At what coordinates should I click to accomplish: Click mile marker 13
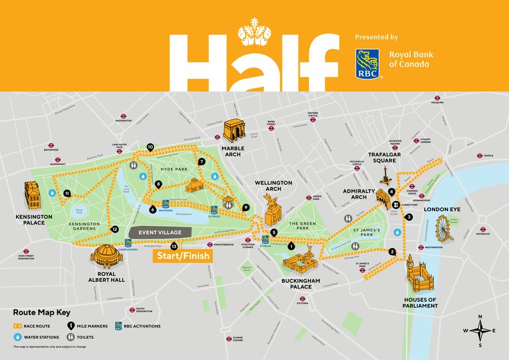tap(174, 246)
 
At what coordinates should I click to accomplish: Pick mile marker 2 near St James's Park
tap(393, 251)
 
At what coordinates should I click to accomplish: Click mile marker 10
tap(150, 147)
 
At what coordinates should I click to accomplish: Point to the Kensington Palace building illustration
tap(32, 195)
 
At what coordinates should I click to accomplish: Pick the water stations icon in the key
tap(18, 337)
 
